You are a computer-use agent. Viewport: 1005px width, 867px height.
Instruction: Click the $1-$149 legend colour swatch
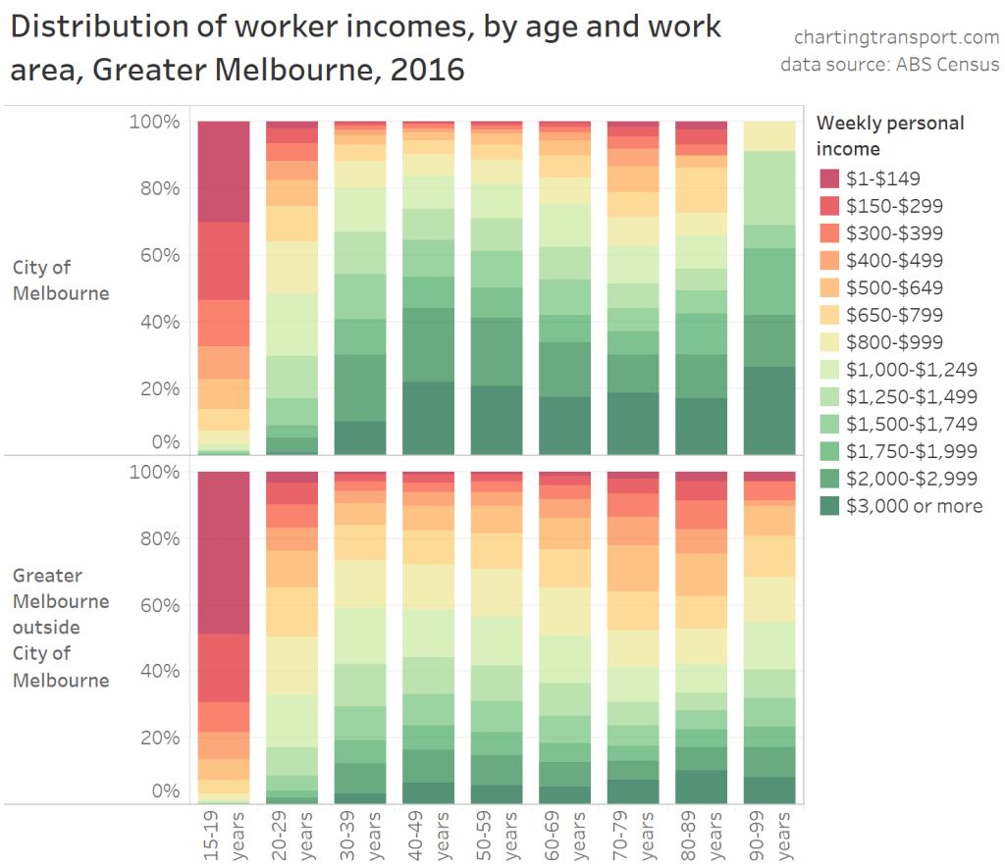[x=830, y=178]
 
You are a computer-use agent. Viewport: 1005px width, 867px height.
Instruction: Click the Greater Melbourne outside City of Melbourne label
[x=61, y=628]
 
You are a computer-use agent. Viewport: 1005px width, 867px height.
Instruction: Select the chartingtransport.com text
[x=897, y=38]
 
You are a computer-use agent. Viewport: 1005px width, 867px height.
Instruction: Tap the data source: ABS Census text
[x=889, y=65]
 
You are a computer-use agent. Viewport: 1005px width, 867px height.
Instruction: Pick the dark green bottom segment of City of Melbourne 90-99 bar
[x=768, y=410]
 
